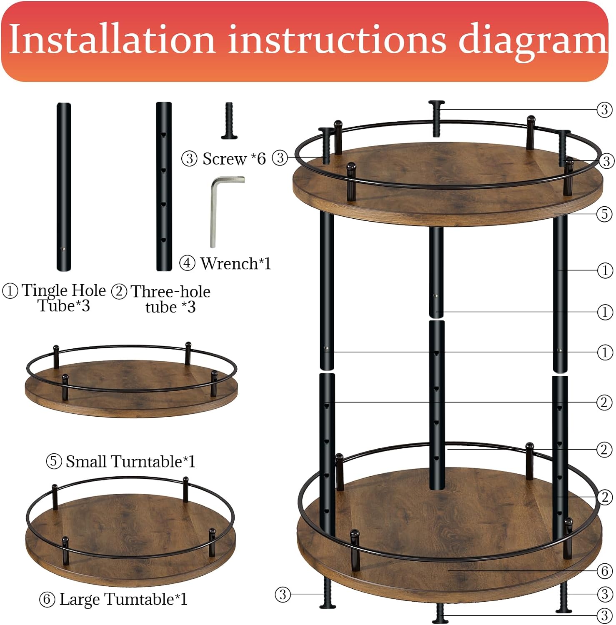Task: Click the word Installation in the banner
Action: pos(112,40)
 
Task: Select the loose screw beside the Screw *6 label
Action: pos(229,120)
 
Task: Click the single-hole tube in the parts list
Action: pos(64,187)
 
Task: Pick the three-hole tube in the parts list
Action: pos(164,187)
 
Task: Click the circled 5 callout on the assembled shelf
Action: pos(605,214)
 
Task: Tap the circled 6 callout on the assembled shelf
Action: pos(605,571)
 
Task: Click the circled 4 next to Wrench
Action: pos(187,263)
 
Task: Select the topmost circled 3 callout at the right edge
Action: pos(604,110)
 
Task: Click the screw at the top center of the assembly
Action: pos(436,118)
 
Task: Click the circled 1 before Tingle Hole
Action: pos(10,291)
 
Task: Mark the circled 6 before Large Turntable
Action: pos(47,600)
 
